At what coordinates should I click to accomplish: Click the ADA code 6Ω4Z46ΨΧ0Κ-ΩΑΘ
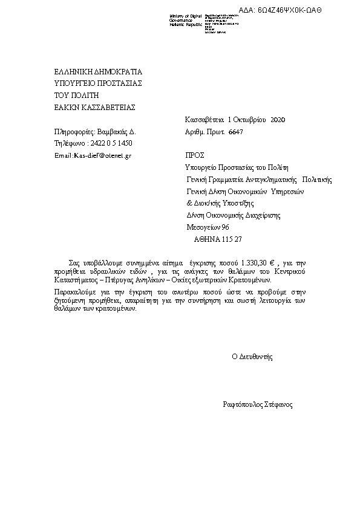tap(289, 10)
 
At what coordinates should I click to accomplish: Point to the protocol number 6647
tap(236, 131)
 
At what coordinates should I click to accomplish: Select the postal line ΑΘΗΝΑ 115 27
tap(218, 239)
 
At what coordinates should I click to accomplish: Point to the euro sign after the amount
tap(272, 263)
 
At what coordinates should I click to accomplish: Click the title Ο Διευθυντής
tap(252, 357)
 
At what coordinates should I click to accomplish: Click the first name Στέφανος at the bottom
tap(279, 404)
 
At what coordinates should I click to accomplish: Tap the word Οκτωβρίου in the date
tap(250, 120)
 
